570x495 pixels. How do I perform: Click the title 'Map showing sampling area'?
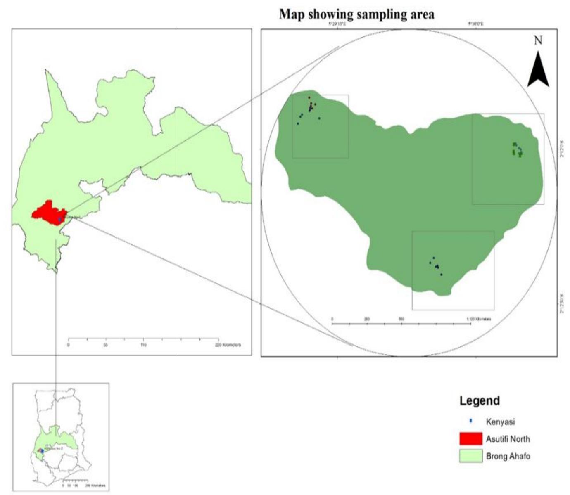[357, 14]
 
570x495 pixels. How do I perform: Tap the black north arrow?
[538, 69]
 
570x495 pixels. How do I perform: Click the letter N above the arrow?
[538, 40]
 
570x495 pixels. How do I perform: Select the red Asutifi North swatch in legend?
[470, 438]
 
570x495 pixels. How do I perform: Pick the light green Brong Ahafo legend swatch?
[470, 456]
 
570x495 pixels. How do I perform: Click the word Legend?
[480, 400]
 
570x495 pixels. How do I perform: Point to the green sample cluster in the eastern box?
[517, 150]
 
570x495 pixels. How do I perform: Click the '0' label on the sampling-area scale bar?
[332, 319]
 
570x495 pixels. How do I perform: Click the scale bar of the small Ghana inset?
[75, 481]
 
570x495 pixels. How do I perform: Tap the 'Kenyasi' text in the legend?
[500, 422]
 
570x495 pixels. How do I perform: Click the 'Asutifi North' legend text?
[508, 438]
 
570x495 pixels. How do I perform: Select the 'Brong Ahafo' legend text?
[508, 456]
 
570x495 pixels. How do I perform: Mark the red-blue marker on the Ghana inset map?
[41, 451]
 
